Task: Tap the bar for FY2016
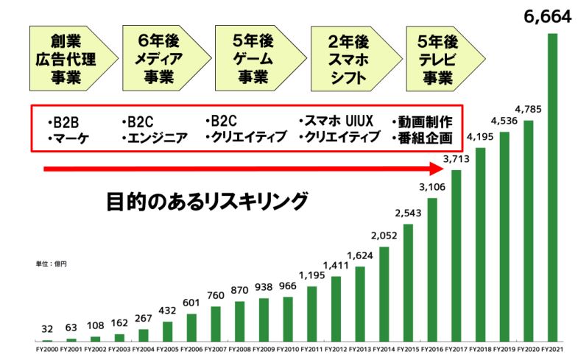click(x=432, y=269)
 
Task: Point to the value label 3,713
click(x=457, y=159)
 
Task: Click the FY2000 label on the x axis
click(x=47, y=348)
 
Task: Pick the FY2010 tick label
click(x=288, y=348)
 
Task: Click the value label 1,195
click(x=312, y=275)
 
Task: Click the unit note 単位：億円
click(x=50, y=262)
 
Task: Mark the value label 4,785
click(x=529, y=110)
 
